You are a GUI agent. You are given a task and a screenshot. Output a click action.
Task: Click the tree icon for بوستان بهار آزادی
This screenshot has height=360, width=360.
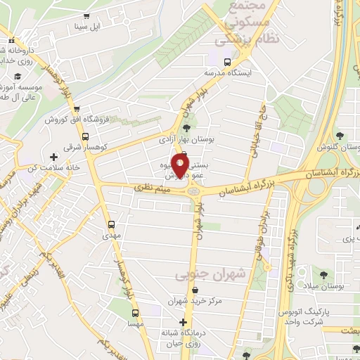pyautogui.click(x=186, y=128)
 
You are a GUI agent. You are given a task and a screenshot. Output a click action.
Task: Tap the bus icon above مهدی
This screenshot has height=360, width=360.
pyautogui.click(x=110, y=224)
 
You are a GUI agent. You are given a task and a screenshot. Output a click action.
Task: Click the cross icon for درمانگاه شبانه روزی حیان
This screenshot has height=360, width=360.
pyautogui.click(x=184, y=322)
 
